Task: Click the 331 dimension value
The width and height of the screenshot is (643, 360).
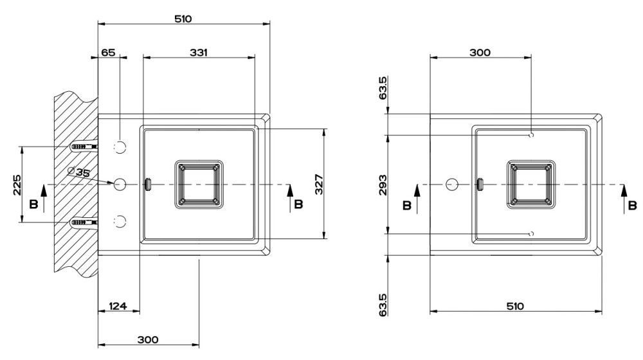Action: click(199, 53)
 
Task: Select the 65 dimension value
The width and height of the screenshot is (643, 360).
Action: click(108, 53)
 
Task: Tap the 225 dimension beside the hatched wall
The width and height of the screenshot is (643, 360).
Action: click(17, 185)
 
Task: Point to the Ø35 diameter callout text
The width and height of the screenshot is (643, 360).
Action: click(78, 172)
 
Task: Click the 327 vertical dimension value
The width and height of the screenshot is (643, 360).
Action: click(319, 184)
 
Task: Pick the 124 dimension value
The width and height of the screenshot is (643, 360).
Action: click(118, 306)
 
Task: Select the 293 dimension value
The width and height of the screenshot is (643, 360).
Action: click(382, 185)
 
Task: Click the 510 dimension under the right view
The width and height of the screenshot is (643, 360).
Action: click(515, 306)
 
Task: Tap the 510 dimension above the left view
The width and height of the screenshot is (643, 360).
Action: click(183, 19)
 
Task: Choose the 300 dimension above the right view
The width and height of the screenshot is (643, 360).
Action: click(480, 53)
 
